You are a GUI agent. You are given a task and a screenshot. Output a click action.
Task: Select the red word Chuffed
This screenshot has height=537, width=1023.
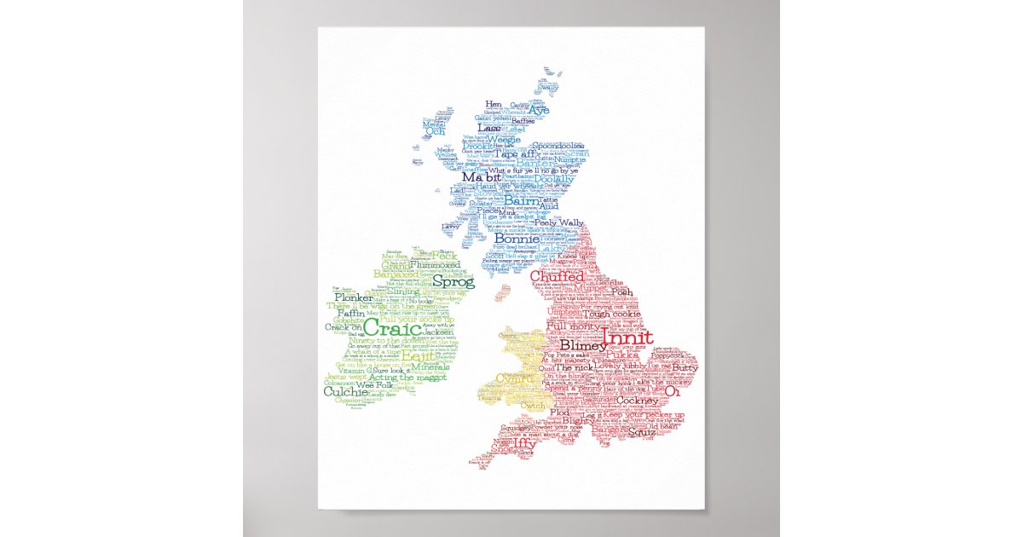click(557, 276)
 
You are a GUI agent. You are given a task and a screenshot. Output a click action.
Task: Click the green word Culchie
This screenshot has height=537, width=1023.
click(347, 392)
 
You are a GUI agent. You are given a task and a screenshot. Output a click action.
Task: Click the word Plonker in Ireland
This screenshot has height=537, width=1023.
click(353, 298)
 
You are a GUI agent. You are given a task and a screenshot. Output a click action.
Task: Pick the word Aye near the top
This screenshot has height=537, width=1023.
click(539, 110)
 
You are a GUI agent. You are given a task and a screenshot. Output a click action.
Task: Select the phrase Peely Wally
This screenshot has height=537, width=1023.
click(559, 223)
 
